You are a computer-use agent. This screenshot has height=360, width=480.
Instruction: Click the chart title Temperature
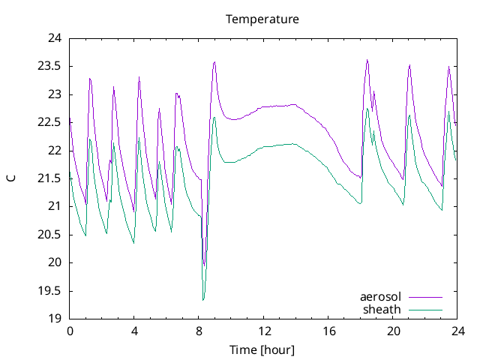click(x=262, y=19)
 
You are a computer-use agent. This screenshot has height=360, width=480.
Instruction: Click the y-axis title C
click(x=11, y=178)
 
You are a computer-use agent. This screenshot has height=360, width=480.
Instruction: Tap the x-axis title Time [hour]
click(x=262, y=349)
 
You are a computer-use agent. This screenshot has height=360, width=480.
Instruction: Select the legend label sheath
click(x=382, y=309)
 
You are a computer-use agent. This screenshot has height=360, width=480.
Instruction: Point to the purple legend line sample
click(x=425, y=297)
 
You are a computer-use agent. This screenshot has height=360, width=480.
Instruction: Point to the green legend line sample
click(x=425, y=309)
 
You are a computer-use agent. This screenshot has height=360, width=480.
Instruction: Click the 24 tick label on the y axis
click(x=53, y=38)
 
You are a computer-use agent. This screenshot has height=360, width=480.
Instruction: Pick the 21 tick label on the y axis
click(x=53, y=206)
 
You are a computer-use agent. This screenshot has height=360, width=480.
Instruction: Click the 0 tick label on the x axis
click(x=70, y=331)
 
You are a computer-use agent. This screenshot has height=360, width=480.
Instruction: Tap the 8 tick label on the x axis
click(x=199, y=331)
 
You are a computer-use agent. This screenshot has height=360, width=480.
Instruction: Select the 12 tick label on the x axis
click(x=264, y=331)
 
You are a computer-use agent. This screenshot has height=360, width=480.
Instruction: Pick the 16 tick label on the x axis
click(x=328, y=331)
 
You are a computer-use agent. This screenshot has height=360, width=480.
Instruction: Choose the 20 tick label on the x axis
click(x=394, y=331)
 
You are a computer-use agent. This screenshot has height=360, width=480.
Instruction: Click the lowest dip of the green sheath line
click(x=203, y=300)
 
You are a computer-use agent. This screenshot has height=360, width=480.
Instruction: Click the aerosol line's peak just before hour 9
click(x=214, y=61)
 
